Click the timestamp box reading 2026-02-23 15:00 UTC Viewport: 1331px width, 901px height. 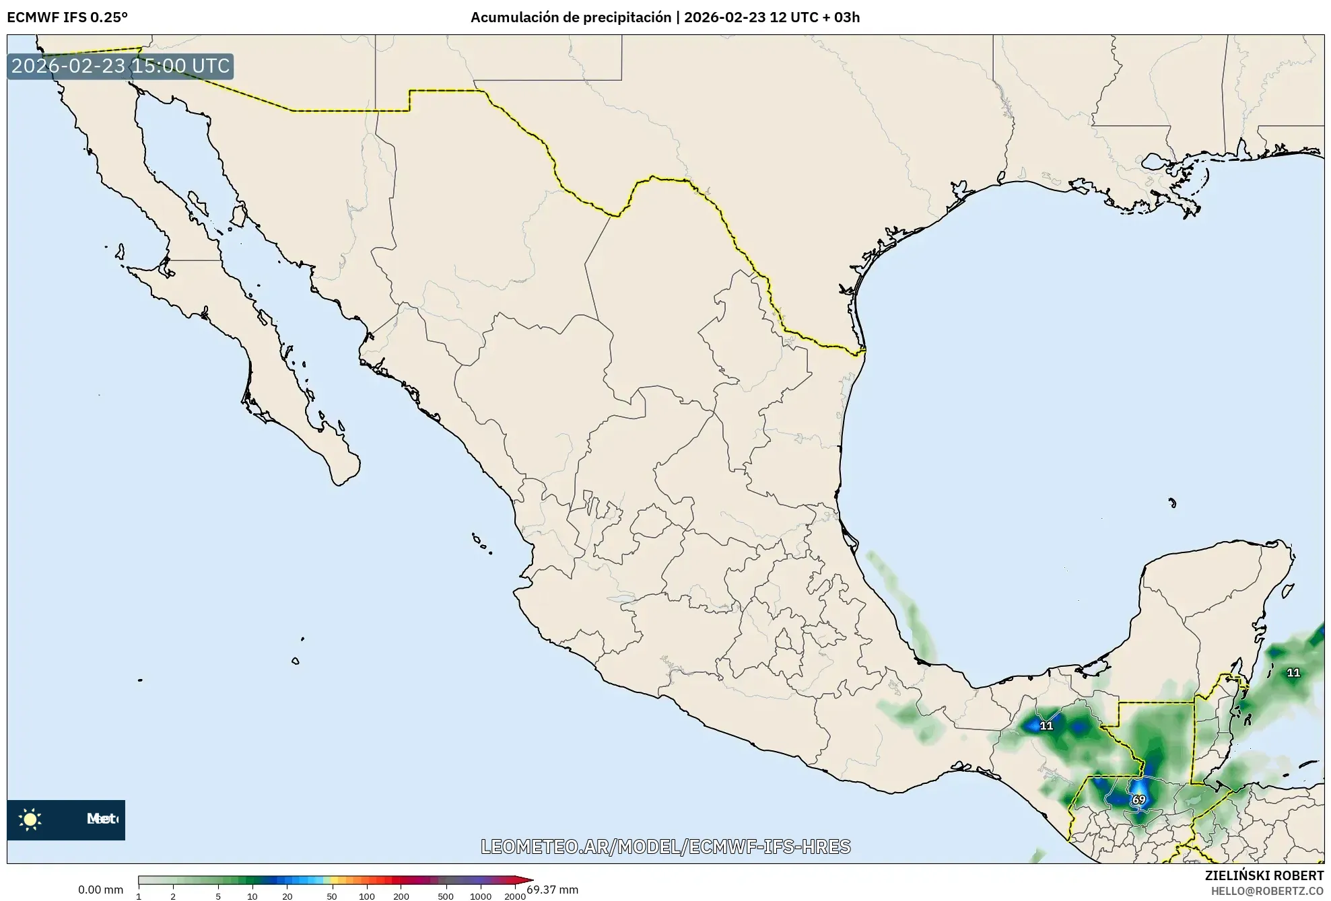pos(121,66)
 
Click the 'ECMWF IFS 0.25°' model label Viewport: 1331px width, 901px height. pos(67,17)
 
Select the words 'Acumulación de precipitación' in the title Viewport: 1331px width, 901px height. pos(570,17)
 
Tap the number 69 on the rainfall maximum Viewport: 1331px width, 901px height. pos(1138,800)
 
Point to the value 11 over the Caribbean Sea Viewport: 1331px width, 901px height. pos(1293,672)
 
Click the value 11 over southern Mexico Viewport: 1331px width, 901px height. pos(1046,725)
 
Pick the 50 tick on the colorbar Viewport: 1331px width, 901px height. pos(331,896)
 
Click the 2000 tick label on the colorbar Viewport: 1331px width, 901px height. pos(515,896)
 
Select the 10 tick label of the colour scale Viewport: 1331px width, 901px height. pos(252,896)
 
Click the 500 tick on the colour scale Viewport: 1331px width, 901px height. pos(446,896)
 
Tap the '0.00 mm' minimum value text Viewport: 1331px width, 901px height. pos(100,890)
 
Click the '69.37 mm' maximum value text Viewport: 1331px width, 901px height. pos(553,890)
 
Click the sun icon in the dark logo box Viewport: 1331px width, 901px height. pos(30,819)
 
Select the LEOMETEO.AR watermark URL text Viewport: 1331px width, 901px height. pos(665,846)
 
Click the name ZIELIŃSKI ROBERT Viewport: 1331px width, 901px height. pos(1264,875)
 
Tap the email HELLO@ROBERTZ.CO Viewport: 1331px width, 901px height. pos(1267,891)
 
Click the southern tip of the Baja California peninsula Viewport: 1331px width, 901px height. pos(340,482)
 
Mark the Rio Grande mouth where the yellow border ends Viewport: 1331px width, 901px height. pos(863,351)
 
